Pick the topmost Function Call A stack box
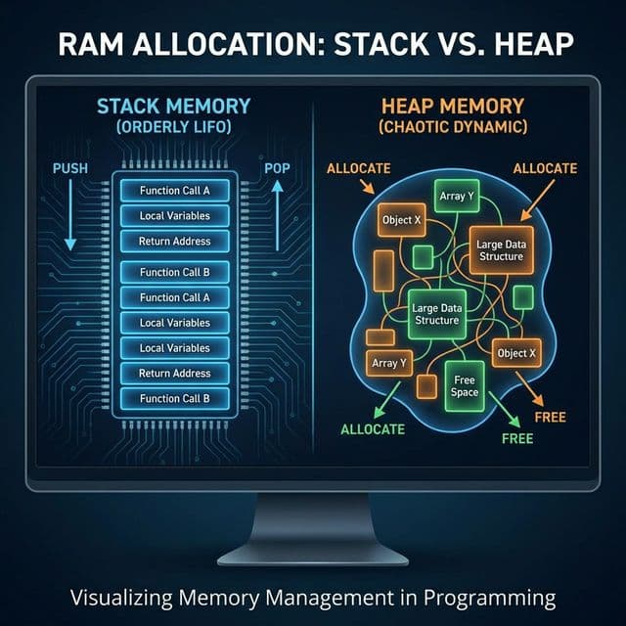point(175,190)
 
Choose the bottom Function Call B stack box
point(175,398)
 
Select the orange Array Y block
point(384,363)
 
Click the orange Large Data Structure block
point(501,249)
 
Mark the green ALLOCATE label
point(372,429)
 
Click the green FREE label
point(516,438)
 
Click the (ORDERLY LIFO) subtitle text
point(173,126)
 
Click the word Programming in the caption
point(489,596)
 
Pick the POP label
point(278,168)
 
